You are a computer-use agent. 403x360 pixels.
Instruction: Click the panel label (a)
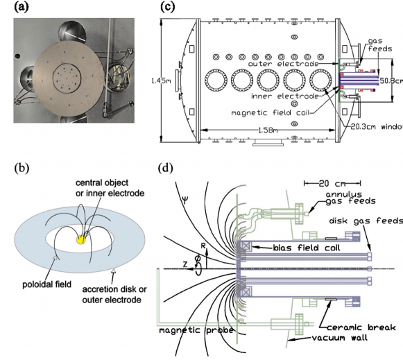click(22, 7)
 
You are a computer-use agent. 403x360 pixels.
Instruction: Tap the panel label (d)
click(166, 168)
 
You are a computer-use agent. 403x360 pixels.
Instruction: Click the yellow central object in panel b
click(81, 239)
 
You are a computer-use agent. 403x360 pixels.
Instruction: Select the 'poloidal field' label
click(46, 284)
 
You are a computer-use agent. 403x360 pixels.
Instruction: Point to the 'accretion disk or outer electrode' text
click(114, 294)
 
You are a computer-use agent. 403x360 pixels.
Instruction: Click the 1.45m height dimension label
click(162, 80)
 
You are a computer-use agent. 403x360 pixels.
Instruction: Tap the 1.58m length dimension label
click(268, 130)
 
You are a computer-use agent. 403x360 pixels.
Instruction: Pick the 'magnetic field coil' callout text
click(270, 112)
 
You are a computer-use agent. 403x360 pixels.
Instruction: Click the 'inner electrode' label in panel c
click(284, 96)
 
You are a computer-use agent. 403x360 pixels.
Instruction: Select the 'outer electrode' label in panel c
click(283, 64)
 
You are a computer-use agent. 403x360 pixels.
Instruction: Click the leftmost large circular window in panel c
click(216, 80)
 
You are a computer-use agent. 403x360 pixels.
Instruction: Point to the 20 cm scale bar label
click(332, 184)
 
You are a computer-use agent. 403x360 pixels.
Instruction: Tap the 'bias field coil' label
click(307, 248)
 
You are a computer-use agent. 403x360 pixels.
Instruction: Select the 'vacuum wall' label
click(339, 337)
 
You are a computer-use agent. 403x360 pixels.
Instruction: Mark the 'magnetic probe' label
click(196, 330)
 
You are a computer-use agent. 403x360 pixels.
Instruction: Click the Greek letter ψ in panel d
click(185, 199)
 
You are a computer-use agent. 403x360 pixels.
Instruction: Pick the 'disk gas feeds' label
click(366, 221)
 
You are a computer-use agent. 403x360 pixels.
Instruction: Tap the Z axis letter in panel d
click(185, 264)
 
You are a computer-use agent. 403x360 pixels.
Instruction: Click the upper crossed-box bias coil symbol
click(246, 246)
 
